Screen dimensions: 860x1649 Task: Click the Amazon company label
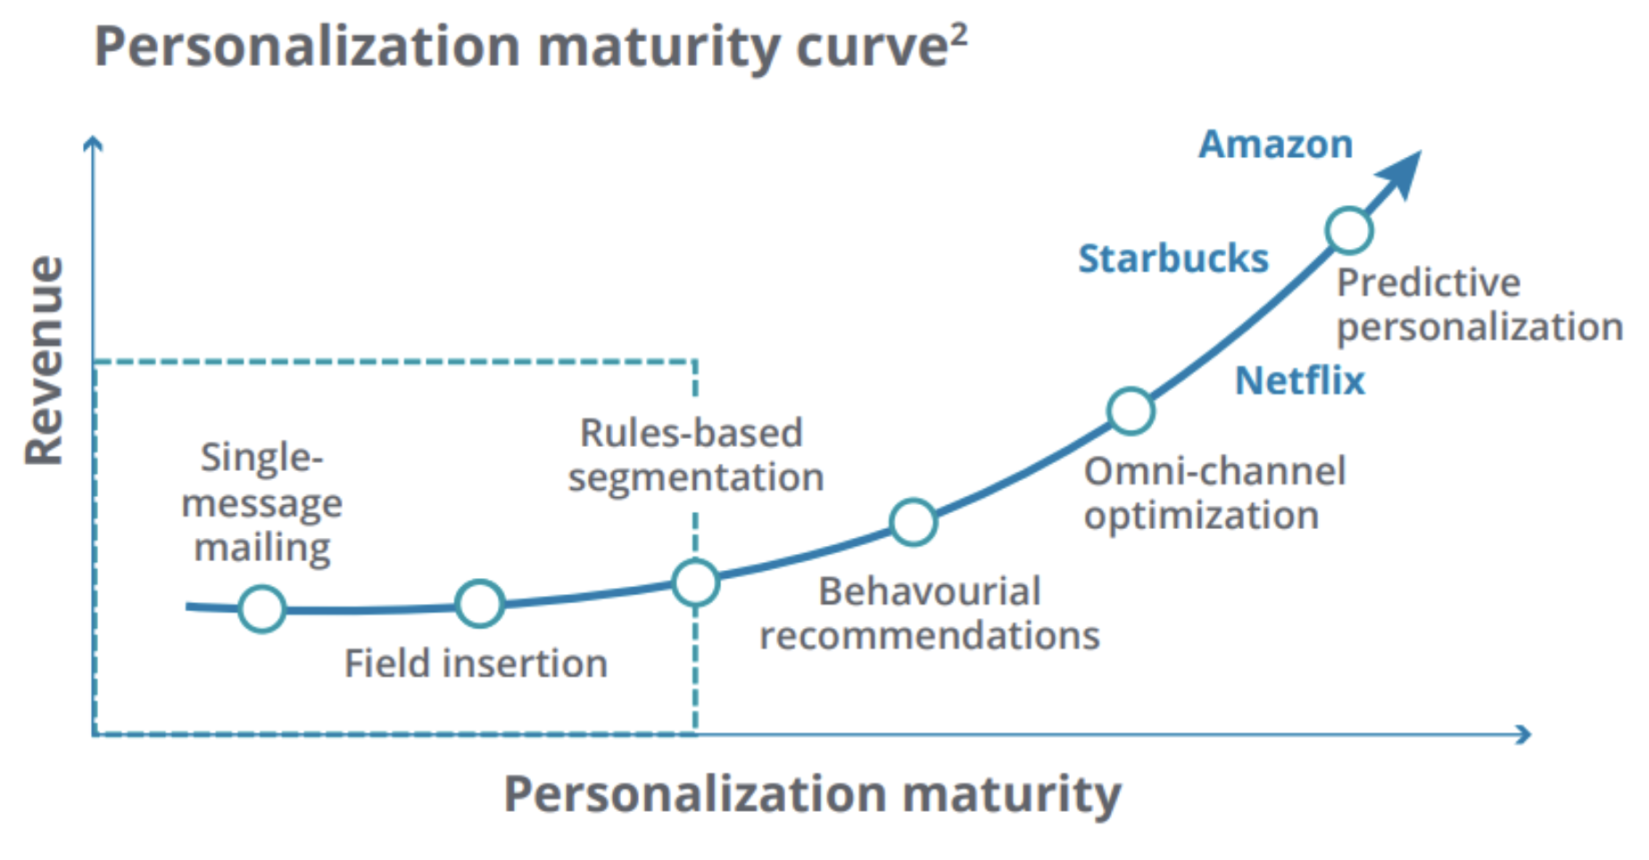point(1275,145)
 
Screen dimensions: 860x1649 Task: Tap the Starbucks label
point(1173,259)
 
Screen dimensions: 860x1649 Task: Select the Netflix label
point(1299,381)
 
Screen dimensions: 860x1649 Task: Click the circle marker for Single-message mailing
point(262,609)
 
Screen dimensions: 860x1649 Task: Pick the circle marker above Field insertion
point(479,604)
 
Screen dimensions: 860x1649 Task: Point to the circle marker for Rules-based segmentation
point(695,583)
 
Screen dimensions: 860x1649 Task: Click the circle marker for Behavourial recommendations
point(913,522)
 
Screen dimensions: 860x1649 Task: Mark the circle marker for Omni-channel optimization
point(1131,411)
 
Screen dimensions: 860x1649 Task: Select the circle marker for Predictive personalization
point(1348,230)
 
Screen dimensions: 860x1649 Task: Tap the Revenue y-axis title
point(45,360)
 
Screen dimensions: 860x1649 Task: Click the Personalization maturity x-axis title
point(812,793)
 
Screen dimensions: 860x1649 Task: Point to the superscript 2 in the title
point(958,36)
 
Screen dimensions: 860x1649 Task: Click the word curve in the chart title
point(870,48)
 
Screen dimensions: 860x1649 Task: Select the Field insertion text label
point(476,664)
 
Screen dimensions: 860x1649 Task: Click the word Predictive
point(1428,283)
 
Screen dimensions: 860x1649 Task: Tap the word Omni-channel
point(1214,471)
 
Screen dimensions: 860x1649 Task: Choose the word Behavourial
point(929,591)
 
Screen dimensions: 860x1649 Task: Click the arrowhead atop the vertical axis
point(93,143)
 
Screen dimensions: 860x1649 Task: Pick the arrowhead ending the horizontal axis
point(1524,734)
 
